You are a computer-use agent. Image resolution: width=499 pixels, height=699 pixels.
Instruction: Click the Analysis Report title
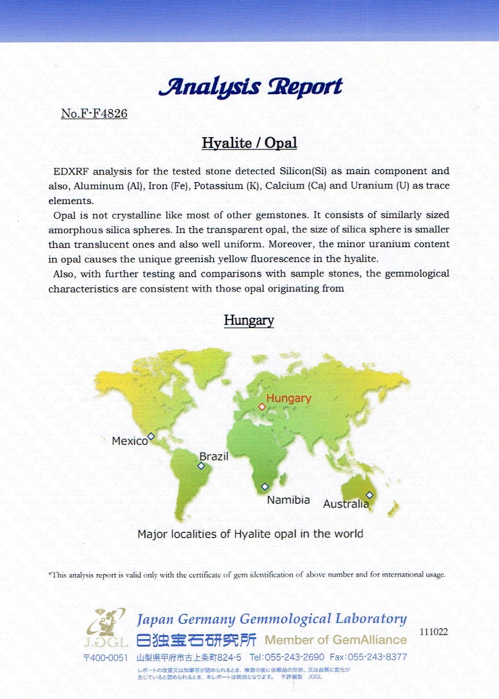coord(251,87)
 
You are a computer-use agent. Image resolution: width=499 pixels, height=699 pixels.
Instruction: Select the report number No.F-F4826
coord(94,113)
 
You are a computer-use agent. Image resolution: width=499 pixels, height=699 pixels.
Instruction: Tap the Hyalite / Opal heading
coord(249,143)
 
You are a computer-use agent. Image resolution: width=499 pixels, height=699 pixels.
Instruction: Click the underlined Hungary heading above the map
coord(249,320)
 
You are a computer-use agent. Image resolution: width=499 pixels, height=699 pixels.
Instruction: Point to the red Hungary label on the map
coord(288,398)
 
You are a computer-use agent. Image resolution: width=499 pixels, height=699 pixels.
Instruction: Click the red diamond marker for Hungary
coord(262,407)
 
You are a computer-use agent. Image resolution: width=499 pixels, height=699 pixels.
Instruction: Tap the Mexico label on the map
coord(130,441)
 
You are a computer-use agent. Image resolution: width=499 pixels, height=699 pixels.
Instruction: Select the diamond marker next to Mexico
coord(151,436)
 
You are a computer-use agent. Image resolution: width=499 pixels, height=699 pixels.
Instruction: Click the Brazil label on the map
coord(214,457)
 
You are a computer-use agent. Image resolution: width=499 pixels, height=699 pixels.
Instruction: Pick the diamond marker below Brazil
coord(201,466)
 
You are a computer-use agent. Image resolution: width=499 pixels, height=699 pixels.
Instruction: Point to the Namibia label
coord(288,500)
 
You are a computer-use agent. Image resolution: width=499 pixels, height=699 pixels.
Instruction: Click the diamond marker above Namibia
coord(265,487)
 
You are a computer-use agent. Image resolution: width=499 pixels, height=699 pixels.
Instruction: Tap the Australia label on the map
coord(346,504)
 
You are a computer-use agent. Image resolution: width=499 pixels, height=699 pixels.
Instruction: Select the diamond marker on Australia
coord(369,495)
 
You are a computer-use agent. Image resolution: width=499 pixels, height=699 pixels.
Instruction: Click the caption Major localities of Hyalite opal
coord(251,534)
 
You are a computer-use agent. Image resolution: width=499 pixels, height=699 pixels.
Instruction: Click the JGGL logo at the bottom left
coord(106,628)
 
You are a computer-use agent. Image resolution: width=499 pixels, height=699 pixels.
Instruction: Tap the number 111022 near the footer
coord(433,632)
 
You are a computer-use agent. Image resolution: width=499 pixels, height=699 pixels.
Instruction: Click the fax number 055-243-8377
coord(377,657)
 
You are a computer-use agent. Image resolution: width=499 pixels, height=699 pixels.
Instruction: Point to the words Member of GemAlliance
coord(335,640)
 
